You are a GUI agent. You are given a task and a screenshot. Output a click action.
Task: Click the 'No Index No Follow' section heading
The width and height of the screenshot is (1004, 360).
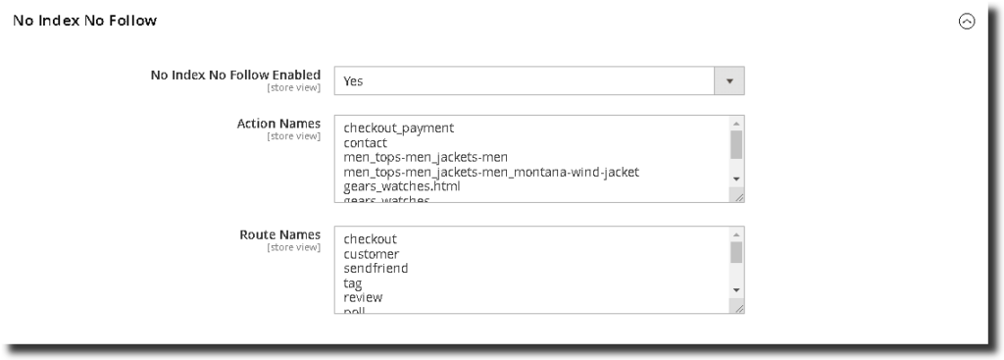[84, 21]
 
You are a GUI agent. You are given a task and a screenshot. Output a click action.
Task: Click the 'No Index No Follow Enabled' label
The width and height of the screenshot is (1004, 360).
[235, 75]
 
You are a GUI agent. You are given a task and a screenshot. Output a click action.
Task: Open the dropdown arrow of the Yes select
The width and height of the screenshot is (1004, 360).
[728, 80]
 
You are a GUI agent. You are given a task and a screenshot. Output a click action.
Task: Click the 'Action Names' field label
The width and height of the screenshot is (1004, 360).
[278, 124]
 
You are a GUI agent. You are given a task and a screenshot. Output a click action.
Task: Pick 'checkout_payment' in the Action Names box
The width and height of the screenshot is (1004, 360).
[398, 129]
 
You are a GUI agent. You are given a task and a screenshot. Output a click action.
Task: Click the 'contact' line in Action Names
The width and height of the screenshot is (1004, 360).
[366, 143]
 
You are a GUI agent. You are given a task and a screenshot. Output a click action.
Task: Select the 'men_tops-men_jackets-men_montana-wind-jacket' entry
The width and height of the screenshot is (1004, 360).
[491, 172]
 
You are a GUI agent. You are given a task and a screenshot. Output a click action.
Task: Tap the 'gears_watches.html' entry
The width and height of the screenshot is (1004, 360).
[402, 186]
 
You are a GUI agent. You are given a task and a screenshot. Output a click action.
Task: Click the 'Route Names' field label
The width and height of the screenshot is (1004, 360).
[279, 234]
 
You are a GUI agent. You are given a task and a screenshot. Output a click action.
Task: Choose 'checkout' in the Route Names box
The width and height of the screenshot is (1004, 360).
[371, 239]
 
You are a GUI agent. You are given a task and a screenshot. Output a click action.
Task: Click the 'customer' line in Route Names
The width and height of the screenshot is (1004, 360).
[372, 254]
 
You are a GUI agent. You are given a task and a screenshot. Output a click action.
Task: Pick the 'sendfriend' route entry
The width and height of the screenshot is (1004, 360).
[376, 268]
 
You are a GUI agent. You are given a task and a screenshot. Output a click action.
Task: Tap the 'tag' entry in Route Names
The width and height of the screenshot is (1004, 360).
[353, 283]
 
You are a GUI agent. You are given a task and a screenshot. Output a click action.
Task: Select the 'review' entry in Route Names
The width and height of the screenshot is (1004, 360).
[363, 297]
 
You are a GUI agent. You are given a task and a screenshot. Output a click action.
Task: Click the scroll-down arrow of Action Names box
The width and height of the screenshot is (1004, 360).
[736, 180]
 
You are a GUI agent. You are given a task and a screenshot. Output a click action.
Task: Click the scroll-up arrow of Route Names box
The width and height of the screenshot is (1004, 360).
[736, 234]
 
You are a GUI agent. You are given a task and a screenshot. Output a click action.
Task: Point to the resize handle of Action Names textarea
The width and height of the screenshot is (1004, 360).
[738, 197]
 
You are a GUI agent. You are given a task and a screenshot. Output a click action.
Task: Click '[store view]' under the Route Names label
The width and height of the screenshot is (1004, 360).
[293, 247]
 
